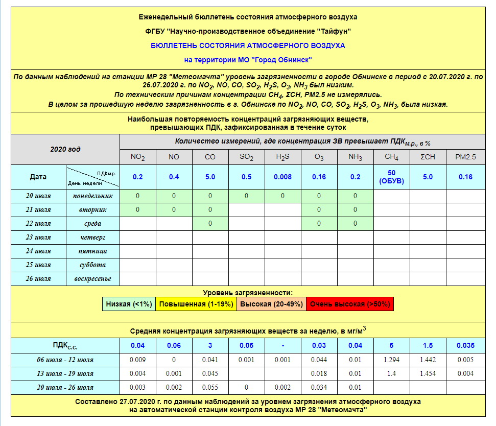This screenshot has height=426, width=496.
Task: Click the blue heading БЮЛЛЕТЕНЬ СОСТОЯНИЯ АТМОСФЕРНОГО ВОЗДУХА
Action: [x=248, y=45]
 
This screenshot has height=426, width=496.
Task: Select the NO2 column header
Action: [x=138, y=157]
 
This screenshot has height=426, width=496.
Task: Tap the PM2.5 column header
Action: [x=465, y=157]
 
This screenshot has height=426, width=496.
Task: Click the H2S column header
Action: [x=282, y=157]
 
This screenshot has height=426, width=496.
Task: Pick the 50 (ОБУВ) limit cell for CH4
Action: [x=392, y=177]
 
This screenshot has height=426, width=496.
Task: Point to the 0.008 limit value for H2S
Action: [x=282, y=177]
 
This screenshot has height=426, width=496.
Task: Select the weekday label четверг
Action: [x=92, y=237]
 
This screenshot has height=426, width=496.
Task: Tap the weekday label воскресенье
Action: [x=92, y=278]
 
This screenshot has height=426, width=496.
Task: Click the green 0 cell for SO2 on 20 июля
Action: [x=246, y=196]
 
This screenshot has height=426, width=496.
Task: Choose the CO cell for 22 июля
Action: [x=210, y=223]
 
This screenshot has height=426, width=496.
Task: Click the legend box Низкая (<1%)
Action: [x=129, y=304]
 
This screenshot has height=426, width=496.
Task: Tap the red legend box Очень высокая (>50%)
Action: [x=350, y=304]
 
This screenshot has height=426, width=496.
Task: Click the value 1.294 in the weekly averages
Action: [x=392, y=360]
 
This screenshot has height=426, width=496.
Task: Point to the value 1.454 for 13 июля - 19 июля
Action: [x=428, y=373]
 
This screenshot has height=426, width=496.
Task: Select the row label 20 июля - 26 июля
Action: [x=64, y=387]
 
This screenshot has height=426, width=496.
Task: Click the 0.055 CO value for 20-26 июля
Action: [x=210, y=387]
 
